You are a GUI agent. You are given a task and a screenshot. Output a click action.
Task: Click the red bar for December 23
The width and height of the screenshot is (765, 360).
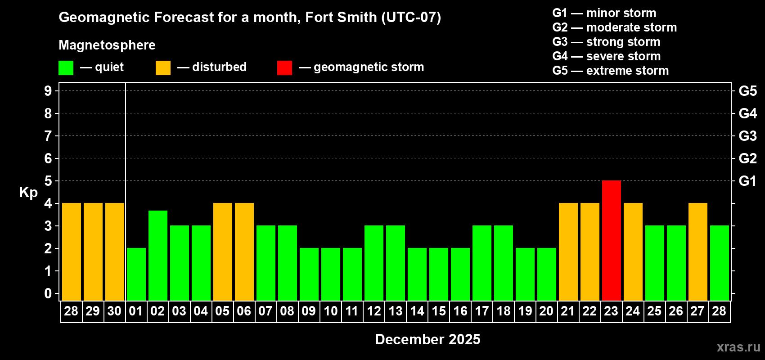coord(611,240)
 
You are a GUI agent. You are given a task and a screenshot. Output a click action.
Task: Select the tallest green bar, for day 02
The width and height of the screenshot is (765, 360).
coord(157,255)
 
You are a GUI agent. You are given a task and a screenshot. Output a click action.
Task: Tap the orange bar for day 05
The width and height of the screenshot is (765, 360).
coord(222,252)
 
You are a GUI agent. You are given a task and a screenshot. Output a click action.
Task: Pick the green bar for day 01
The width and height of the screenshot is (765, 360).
coord(136,274)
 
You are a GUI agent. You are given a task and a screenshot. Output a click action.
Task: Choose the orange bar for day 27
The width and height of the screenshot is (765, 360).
coord(697,252)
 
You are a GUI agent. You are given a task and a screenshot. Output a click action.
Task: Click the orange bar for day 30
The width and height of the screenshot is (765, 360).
coord(114,252)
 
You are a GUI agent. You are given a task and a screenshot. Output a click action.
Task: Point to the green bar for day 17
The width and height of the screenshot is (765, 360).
coord(481,263)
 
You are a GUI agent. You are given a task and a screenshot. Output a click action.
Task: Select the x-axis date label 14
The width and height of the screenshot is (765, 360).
coord(417,311)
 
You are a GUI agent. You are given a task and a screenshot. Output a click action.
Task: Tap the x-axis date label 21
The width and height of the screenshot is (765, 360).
coord(568,311)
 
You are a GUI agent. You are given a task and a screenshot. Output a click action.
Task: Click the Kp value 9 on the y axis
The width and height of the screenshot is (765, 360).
coord(48,91)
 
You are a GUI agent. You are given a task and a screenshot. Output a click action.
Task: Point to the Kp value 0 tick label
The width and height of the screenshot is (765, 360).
coord(48,293)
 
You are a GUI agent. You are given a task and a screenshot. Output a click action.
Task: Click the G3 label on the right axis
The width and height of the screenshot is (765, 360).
coord(747,136)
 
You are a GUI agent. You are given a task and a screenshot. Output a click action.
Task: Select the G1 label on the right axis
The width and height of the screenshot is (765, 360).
coord(747,181)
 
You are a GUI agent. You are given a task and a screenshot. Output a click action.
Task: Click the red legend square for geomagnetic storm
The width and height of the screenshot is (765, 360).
coord(284,68)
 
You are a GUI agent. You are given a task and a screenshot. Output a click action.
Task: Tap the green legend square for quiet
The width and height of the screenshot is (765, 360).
coord(66,68)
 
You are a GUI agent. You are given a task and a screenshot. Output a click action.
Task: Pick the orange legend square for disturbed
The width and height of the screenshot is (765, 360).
coord(163,68)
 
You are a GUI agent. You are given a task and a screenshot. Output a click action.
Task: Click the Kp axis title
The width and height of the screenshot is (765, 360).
coord(28,192)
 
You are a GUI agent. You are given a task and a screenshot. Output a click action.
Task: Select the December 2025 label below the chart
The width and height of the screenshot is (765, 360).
coord(427,339)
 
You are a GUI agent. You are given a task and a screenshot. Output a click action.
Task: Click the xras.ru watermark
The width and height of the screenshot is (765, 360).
coord(738,347)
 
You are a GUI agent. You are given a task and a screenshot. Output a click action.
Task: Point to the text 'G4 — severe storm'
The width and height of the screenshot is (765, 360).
coord(606,56)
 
